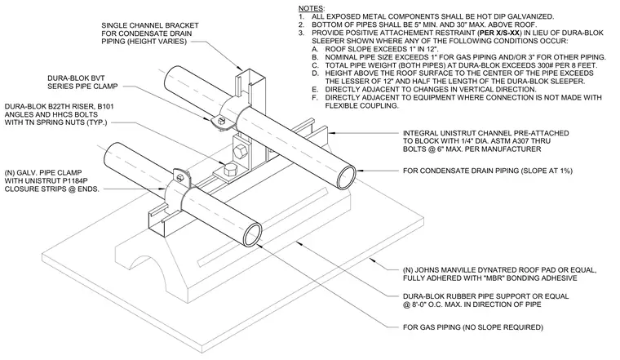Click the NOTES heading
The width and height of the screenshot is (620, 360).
click(312, 8)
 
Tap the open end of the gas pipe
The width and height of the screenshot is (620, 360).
click(252, 235)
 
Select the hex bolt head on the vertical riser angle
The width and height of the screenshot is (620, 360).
click(240, 151)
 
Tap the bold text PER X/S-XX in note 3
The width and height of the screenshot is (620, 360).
click(498, 33)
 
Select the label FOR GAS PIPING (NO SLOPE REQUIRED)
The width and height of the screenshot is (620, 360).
click(473, 327)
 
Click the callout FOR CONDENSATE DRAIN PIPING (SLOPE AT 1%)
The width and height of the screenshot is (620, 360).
click(488, 171)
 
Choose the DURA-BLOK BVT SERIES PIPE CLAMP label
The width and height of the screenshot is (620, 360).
click(82, 82)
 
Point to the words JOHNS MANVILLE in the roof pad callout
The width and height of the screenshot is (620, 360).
click(439, 270)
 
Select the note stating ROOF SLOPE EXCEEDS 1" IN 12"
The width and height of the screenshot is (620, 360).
click(382, 49)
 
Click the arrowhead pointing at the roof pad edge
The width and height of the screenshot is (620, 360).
click(372, 260)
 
